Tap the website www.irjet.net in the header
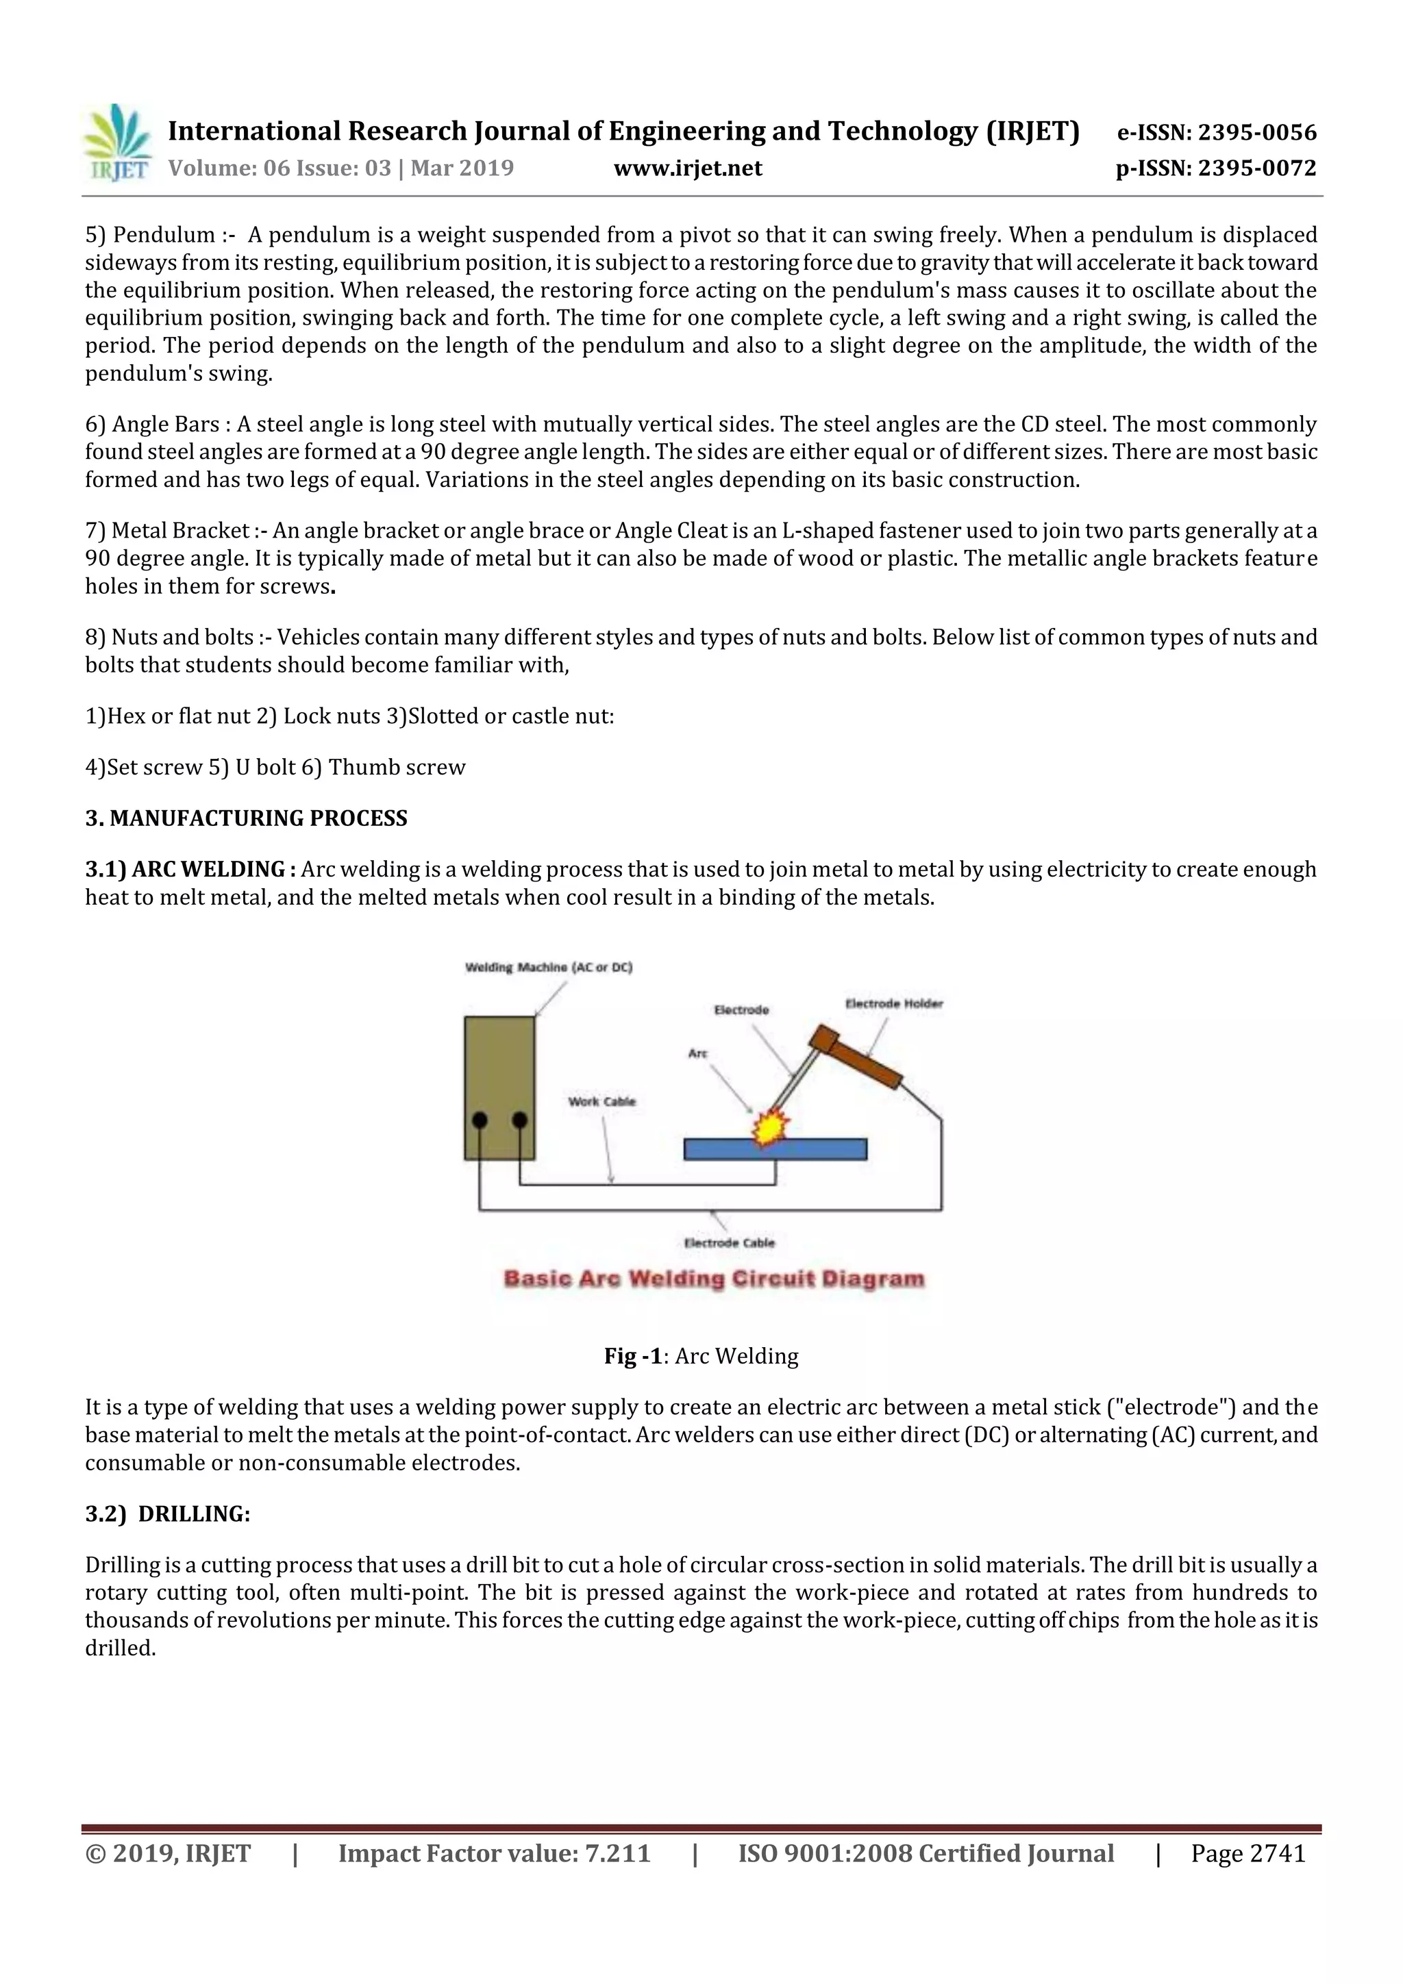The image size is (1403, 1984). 687,168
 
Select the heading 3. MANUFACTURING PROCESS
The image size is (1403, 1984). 247,818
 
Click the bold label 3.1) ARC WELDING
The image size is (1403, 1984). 190,868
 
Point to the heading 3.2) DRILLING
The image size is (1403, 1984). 168,1514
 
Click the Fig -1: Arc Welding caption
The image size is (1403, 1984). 701,1356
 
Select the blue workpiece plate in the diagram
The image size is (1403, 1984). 821,1149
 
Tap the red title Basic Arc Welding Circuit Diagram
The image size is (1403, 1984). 714,1278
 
